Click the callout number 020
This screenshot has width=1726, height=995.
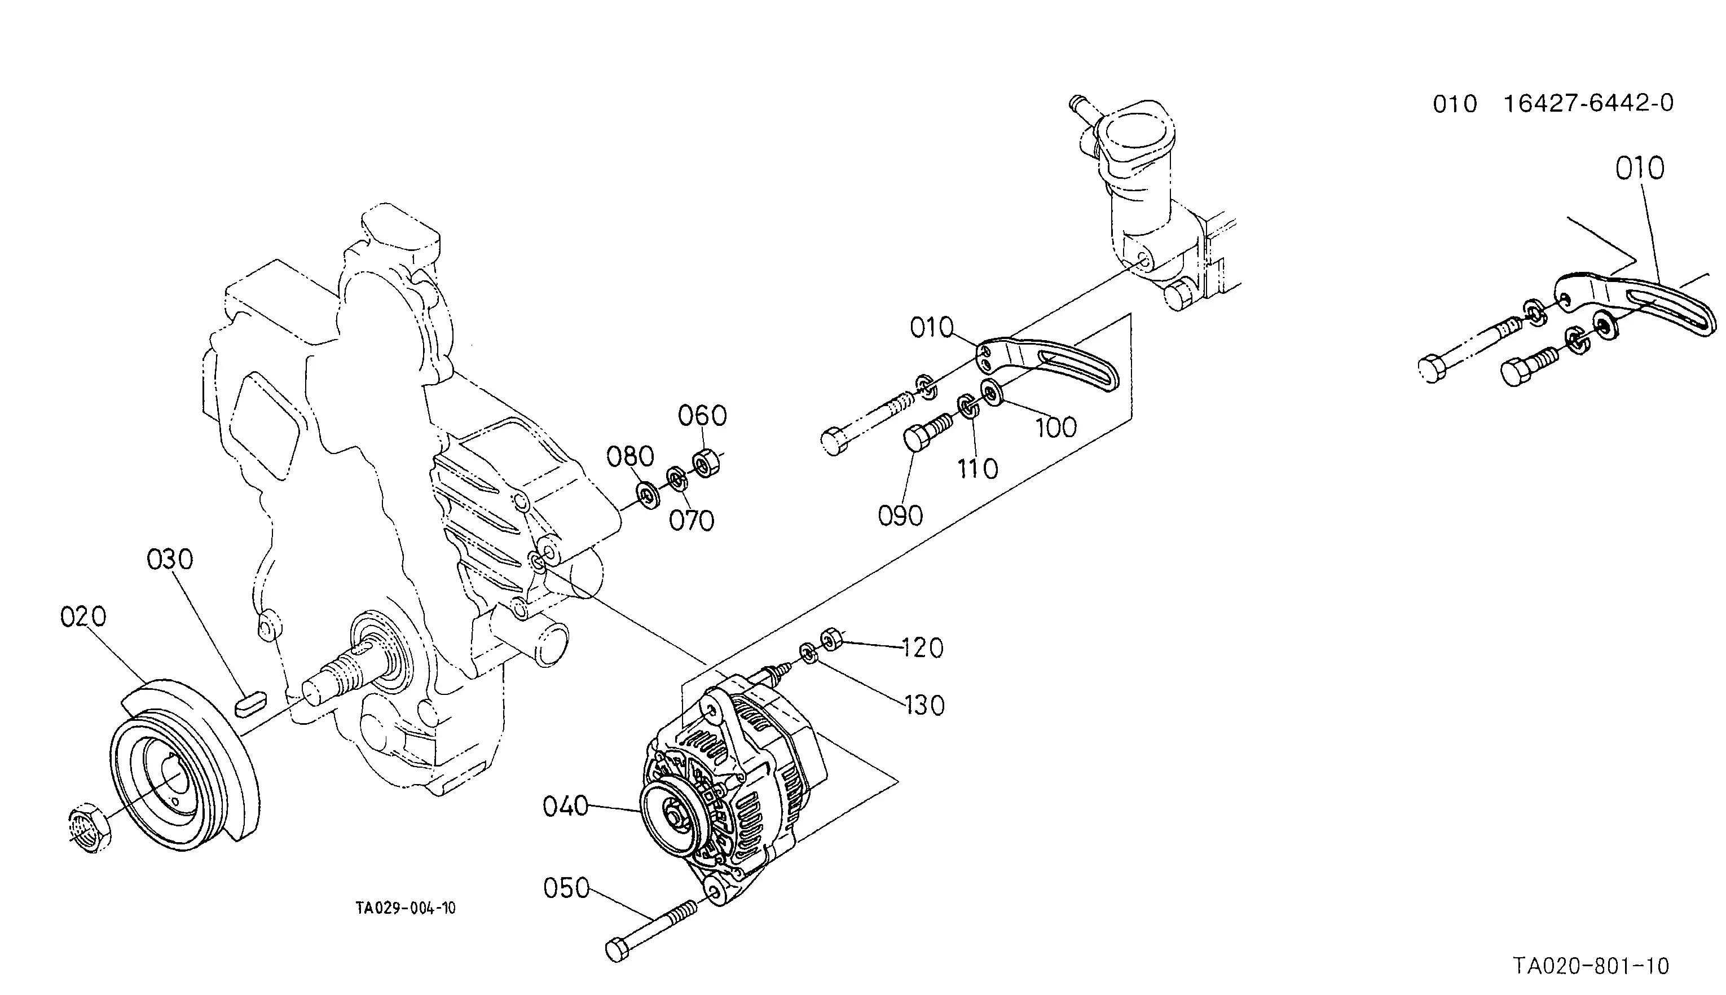tap(83, 617)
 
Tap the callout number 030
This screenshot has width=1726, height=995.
tap(170, 560)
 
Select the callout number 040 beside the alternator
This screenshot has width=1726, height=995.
tap(566, 807)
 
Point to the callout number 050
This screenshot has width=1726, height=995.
tap(566, 888)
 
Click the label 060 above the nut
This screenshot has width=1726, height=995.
tap(702, 416)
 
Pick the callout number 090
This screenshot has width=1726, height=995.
tap(901, 516)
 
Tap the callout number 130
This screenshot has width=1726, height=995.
tap(924, 706)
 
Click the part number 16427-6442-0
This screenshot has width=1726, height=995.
tap(1589, 103)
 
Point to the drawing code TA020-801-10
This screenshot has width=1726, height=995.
tap(1591, 966)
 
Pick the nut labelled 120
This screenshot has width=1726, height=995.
tap(830, 639)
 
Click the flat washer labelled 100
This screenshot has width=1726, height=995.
tap(992, 391)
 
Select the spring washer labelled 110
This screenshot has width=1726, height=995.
tap(968, 407)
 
